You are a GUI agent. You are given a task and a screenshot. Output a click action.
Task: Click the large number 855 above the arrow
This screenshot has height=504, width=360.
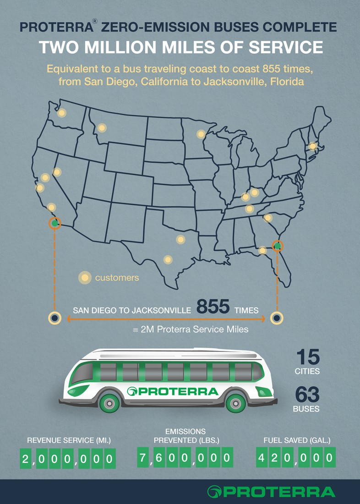213,307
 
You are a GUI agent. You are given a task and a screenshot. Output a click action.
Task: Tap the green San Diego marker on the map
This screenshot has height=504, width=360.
55,223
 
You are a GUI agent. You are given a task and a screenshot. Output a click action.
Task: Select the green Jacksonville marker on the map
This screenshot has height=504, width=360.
277,246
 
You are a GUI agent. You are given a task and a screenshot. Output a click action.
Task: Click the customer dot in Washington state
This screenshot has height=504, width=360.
61,113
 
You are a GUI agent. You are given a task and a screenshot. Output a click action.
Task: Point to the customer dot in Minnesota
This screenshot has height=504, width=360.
201,134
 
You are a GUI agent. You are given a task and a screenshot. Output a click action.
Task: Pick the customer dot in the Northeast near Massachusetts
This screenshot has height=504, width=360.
312,146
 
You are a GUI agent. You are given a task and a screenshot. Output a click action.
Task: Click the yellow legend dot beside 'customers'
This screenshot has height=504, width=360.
84,278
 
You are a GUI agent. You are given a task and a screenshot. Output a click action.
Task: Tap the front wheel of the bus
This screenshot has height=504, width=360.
236,403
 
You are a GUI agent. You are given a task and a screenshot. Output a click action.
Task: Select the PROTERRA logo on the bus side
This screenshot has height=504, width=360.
173,391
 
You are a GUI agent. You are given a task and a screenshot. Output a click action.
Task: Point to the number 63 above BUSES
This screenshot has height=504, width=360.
307,394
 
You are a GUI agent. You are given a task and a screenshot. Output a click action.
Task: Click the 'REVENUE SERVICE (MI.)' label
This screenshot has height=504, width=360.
69,440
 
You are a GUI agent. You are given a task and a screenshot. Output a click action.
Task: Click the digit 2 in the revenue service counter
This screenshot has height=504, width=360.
26,459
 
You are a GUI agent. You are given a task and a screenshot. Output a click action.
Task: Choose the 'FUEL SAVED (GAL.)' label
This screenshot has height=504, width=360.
297,440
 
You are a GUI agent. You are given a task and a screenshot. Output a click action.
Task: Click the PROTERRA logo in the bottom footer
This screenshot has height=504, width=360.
271,492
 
